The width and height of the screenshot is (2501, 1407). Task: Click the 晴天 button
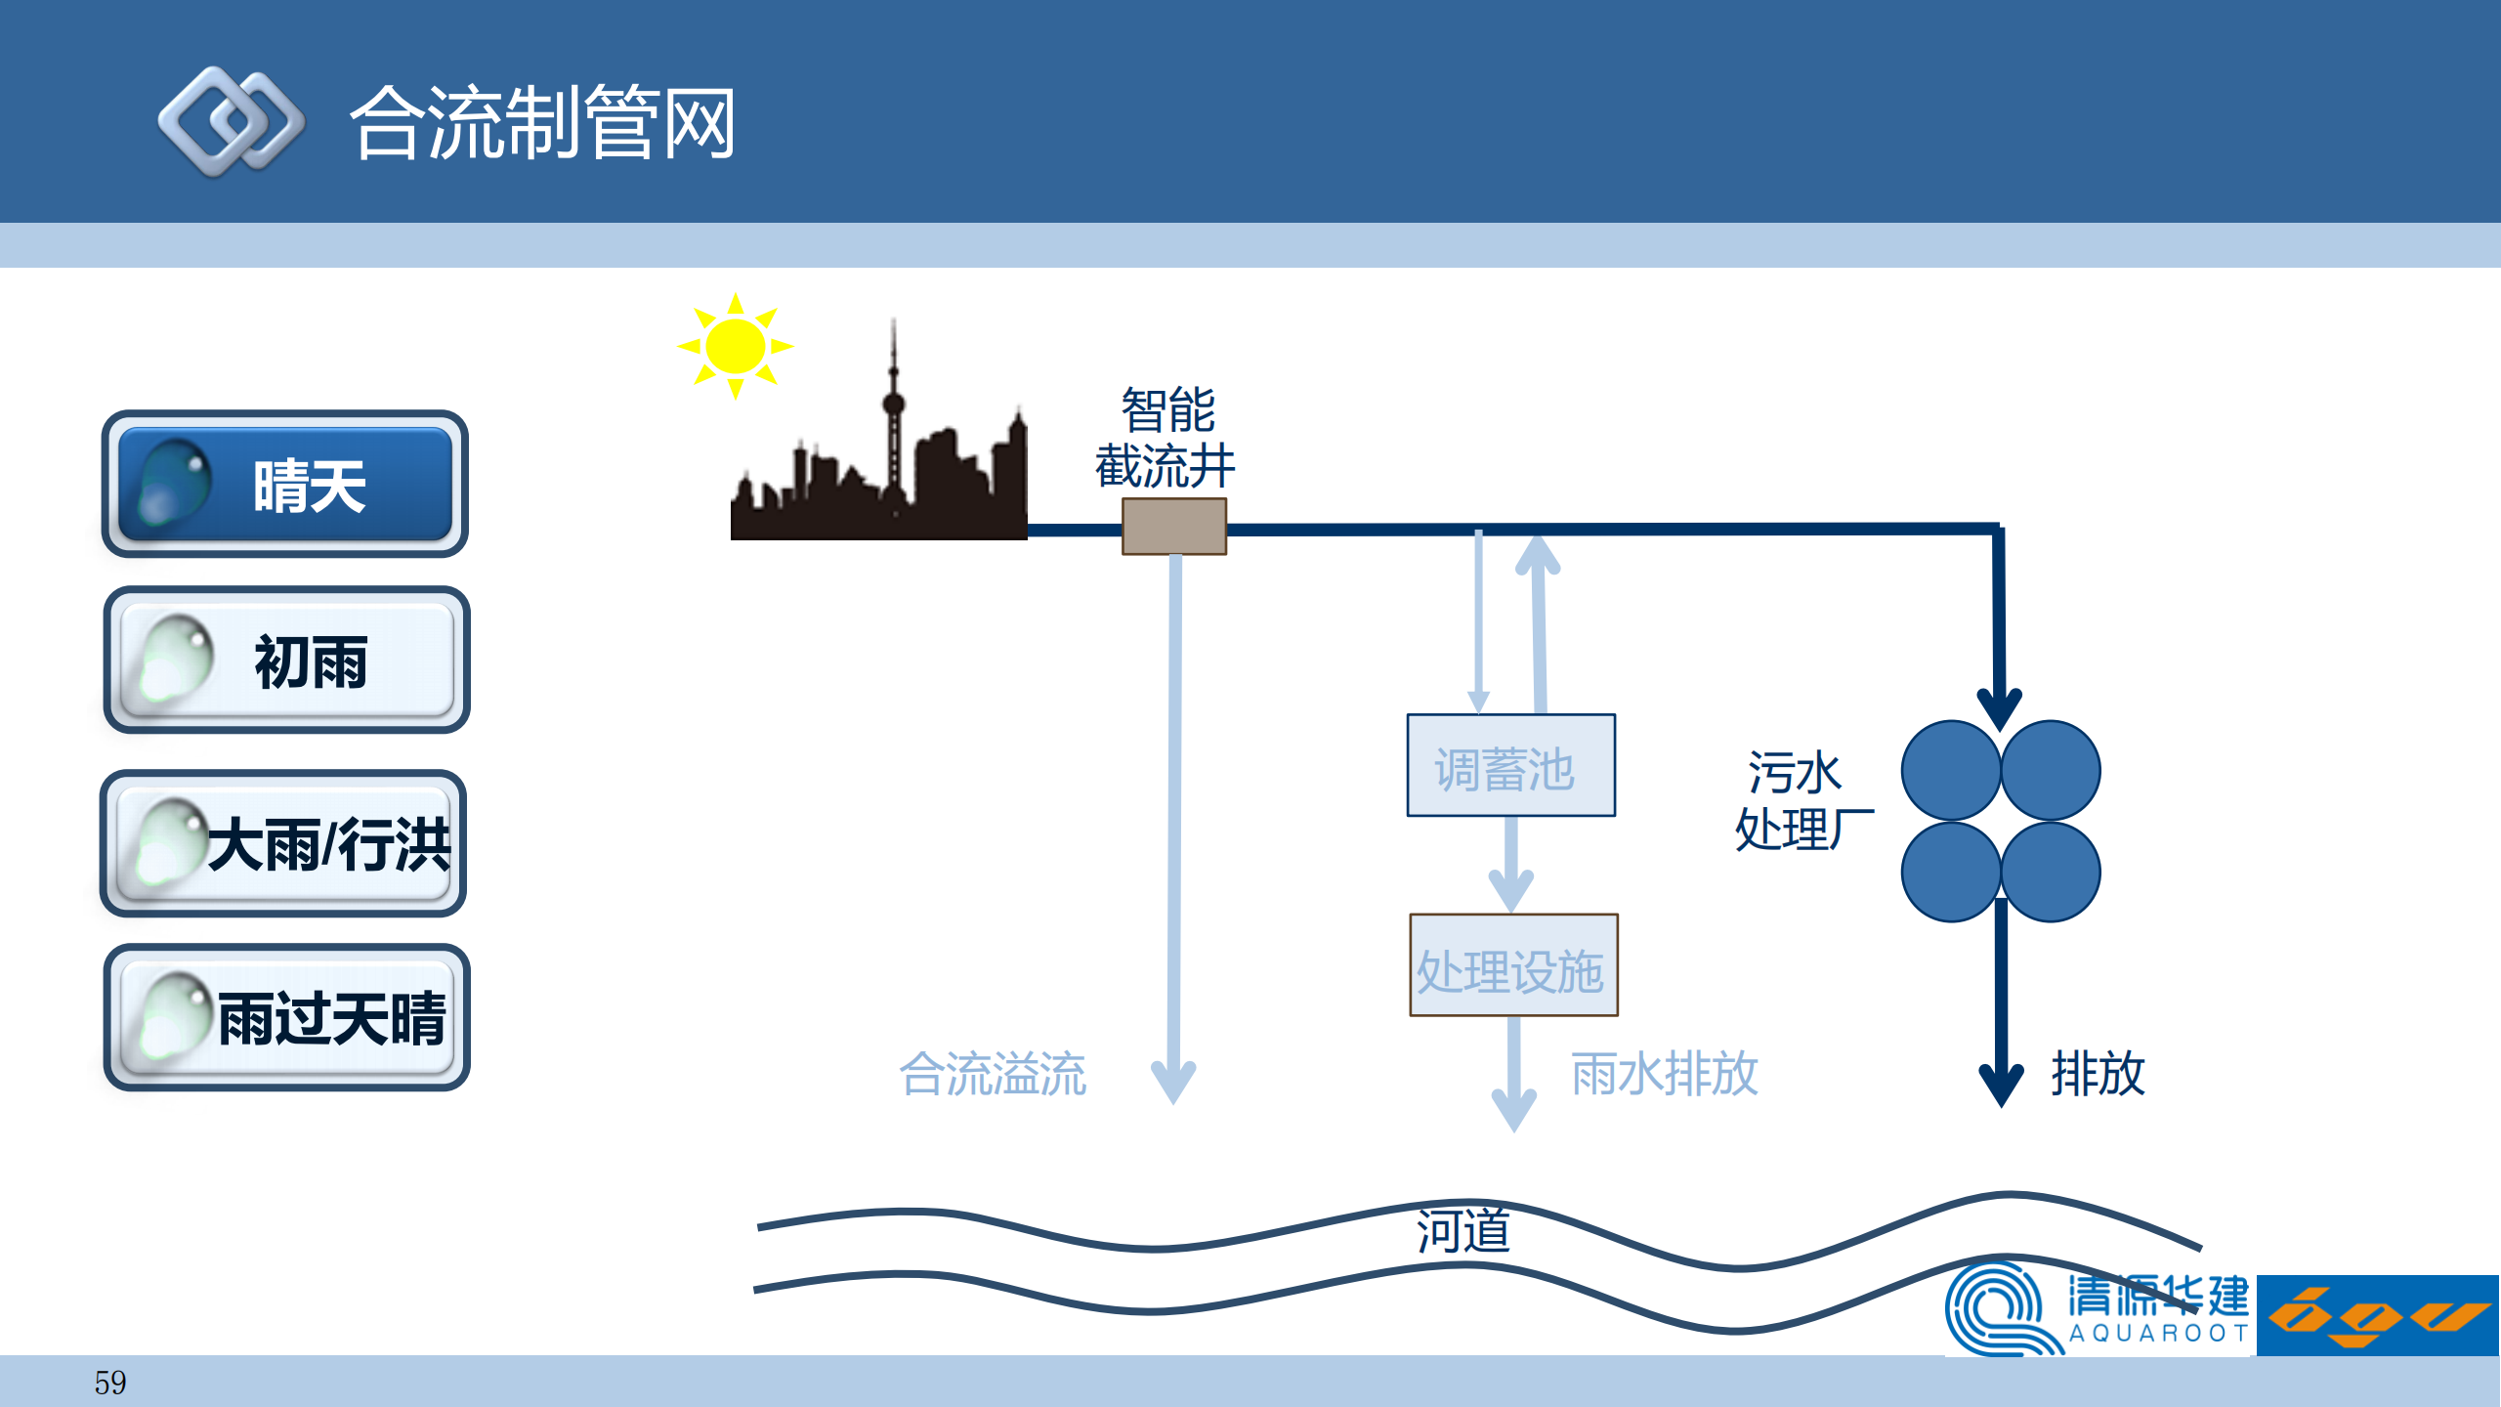coord(284,485)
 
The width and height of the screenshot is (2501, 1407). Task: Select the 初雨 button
coord(286,661)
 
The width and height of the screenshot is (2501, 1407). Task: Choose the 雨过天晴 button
coord(286,1018)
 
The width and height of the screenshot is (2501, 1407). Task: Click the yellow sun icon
coord(735,346)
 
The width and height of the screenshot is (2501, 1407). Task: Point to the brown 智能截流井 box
coord(1173,527)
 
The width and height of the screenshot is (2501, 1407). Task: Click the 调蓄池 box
coord(1510,766)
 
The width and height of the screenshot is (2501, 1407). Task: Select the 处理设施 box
coord(1513,966)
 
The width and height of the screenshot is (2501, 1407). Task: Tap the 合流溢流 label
coord(993,1075)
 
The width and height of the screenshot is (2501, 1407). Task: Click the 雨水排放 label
coord(1664,1075)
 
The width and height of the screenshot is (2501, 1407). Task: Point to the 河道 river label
coord(1462,1231)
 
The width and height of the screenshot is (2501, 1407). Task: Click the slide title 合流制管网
coord(543,123)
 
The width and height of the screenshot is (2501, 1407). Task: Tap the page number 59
coord(109,1383)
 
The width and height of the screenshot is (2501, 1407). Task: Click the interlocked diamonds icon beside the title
coord(232,122)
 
